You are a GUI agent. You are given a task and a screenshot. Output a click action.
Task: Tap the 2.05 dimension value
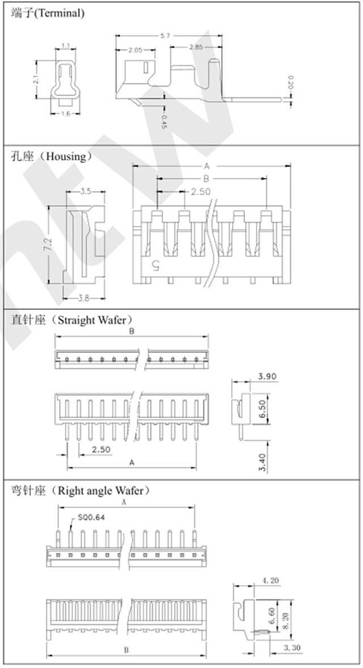[135, 50]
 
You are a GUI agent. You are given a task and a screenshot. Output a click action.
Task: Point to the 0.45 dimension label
[164, 121]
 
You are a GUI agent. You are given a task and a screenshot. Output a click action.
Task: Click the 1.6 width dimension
[65, 114]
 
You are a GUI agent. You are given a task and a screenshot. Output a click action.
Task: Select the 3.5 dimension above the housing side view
[86, 192]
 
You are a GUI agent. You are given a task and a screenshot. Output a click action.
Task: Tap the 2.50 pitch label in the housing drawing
[200, 191]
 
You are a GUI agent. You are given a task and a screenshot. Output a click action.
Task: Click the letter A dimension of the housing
[207, 166]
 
